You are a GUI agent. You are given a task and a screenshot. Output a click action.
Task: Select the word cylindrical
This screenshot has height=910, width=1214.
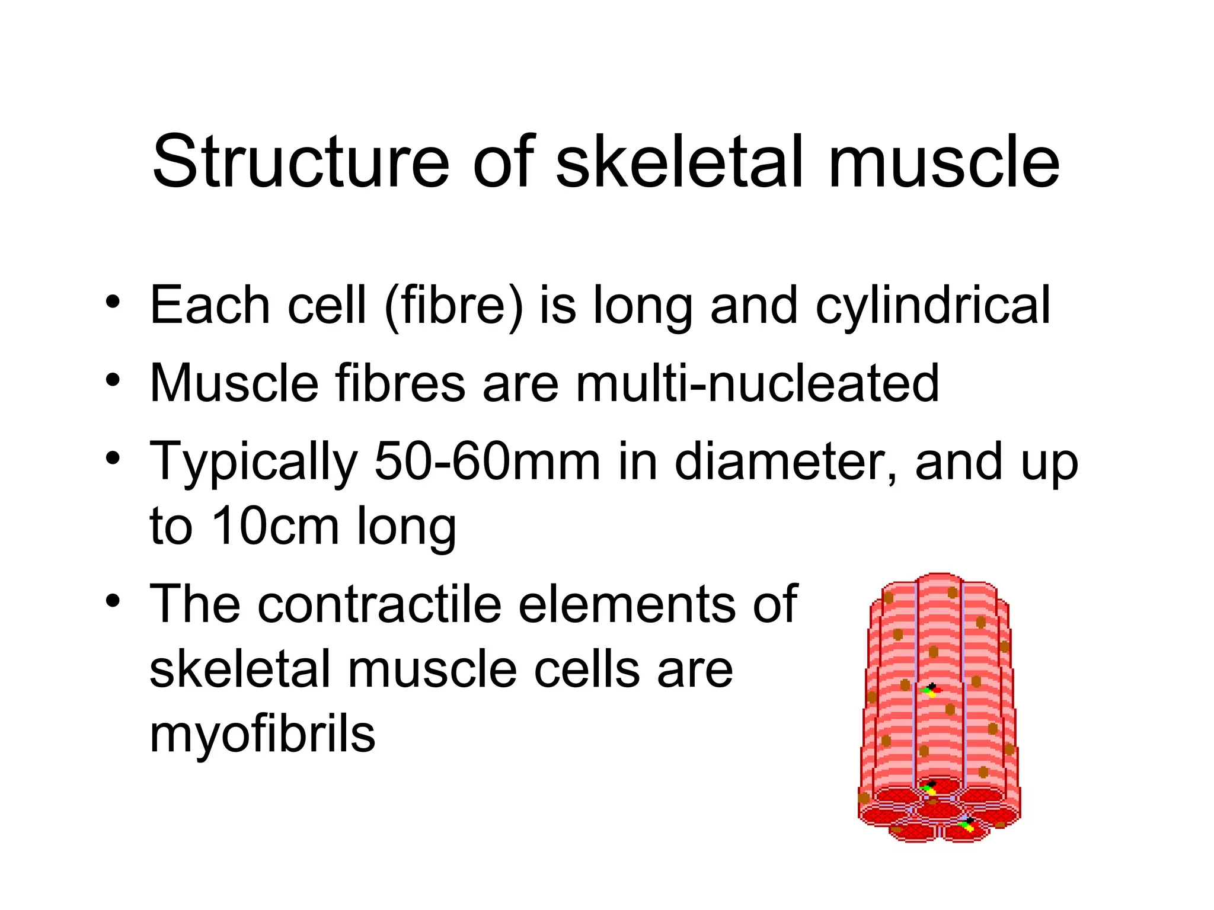pyautogui.click(x=932, y=305)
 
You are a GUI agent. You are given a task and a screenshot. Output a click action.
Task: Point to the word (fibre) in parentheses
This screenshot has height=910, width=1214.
pyautogui.click(x=454, y=305)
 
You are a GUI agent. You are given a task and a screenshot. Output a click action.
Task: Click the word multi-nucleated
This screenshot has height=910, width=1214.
pyautogui.click(x=758, y=383)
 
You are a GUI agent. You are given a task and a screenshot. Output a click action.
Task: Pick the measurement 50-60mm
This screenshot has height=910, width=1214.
pyautogui.click(x=487, y=462)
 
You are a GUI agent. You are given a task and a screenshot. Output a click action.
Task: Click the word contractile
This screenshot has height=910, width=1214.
pyautogui.click(x=379, y=604)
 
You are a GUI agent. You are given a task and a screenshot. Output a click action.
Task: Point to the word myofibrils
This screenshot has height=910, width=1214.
pyautogui.click(x=262, y=734)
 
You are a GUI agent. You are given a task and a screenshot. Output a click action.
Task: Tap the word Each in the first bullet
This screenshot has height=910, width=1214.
pyautogui.click(x=210, y=305)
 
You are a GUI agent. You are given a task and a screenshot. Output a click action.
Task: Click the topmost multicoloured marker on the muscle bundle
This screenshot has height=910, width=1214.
pyautogui.click(x=931, y=690)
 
